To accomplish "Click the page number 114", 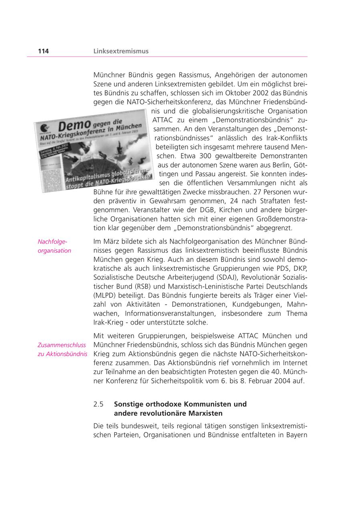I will tap(43, 51).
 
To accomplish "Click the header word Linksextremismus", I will tap(121, 51).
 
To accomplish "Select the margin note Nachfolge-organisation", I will tap(54, 246).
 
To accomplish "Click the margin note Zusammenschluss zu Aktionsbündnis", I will tap(62, 349).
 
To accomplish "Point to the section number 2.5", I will tap(99, 404).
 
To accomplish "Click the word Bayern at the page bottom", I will tap(297, 435).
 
